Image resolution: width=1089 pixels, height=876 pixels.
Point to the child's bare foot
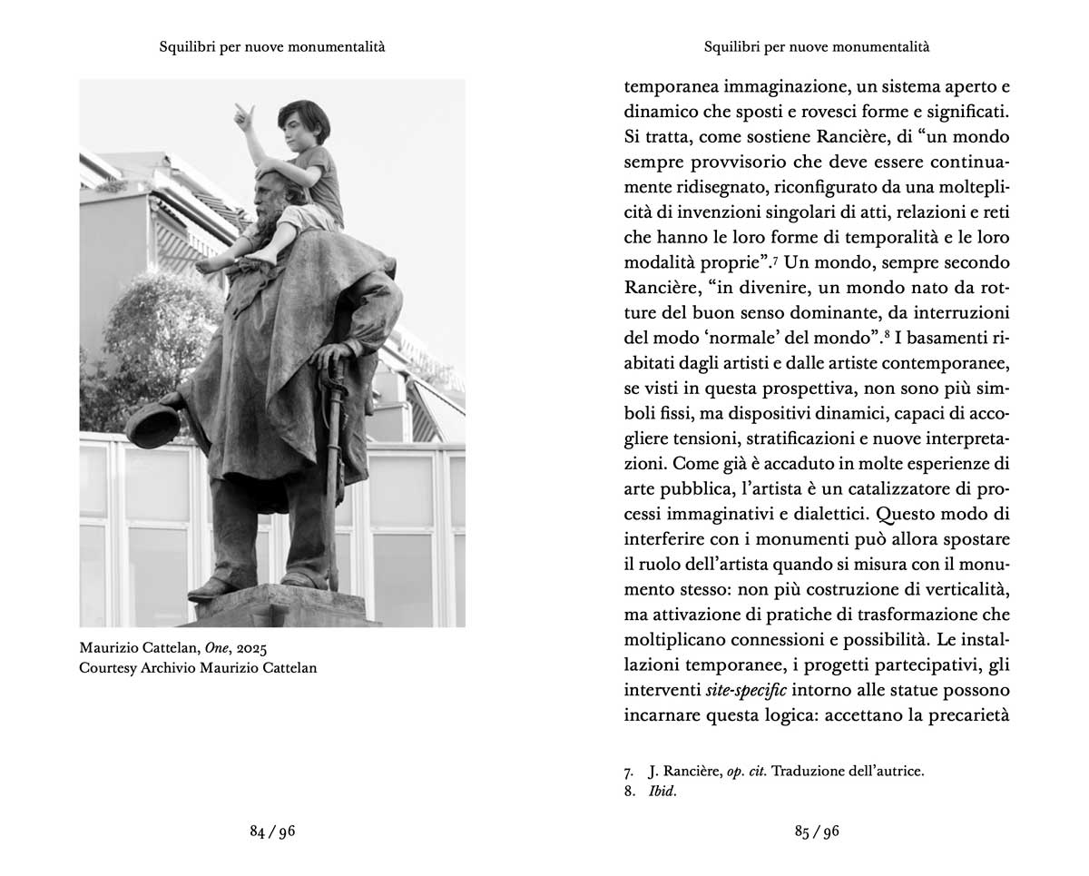(211, 265)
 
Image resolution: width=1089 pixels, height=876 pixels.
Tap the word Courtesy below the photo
(112, 668)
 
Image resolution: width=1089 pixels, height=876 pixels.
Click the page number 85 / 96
(817, 832)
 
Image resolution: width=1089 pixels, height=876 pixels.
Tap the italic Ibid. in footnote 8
(662, 792)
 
